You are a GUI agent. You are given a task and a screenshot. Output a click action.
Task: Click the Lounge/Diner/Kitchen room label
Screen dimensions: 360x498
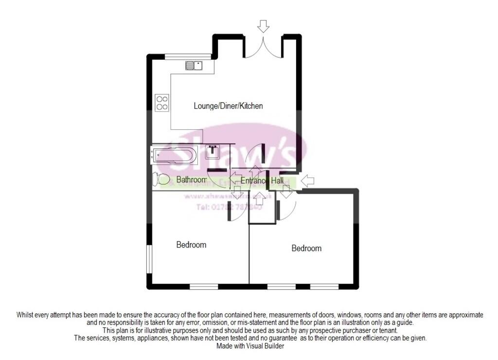pos(228,106)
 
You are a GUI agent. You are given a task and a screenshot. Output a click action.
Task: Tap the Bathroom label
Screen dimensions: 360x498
pos(191,180)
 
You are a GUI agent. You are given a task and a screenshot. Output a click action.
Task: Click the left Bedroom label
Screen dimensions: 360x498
pos(191,245)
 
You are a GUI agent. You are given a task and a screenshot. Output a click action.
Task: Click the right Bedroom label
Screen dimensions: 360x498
pos(306,248)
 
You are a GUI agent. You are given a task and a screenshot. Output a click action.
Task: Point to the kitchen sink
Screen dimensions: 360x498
pos(194,66)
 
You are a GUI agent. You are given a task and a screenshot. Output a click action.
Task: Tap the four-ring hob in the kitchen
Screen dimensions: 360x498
pos(162,103)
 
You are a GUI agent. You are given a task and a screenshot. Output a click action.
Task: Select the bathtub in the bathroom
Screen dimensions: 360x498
pos(174,156)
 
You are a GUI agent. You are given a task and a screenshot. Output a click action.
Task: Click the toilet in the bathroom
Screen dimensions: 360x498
pos(161,180)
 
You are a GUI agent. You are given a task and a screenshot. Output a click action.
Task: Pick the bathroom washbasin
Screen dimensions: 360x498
pos(213,152)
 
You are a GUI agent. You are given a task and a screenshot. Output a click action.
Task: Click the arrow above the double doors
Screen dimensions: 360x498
pos(263,26)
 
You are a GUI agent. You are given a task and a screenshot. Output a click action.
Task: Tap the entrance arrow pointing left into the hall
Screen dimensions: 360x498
pos(307,181)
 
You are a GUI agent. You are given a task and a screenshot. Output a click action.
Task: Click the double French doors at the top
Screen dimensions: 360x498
pos(263,49)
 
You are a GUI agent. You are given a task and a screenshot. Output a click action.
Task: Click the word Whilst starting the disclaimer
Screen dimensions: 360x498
pos(27,315)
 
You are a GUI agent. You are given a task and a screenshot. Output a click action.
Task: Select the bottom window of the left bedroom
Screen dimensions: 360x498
pos(203,287)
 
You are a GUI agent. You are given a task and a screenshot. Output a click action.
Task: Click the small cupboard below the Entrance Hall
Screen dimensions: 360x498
pos(262,209)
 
